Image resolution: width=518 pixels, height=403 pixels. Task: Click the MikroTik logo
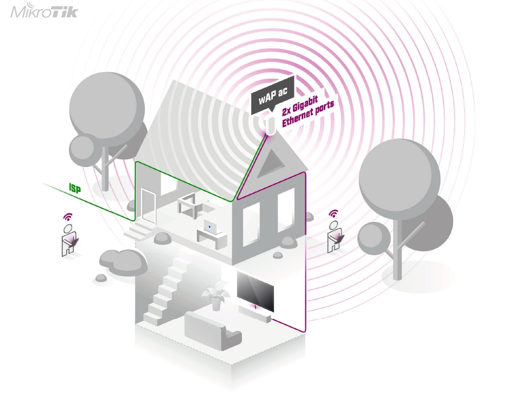pos(44,12)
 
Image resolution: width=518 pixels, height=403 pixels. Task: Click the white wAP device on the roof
pos(270,125)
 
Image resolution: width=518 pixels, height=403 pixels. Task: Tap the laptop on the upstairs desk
pos(210,226)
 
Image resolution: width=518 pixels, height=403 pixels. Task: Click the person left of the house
pos(69,239)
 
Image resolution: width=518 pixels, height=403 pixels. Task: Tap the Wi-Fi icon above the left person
pos(68,216)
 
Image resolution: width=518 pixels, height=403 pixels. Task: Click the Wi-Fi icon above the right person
pos(334,213)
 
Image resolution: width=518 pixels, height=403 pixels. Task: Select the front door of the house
pos(148,207)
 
